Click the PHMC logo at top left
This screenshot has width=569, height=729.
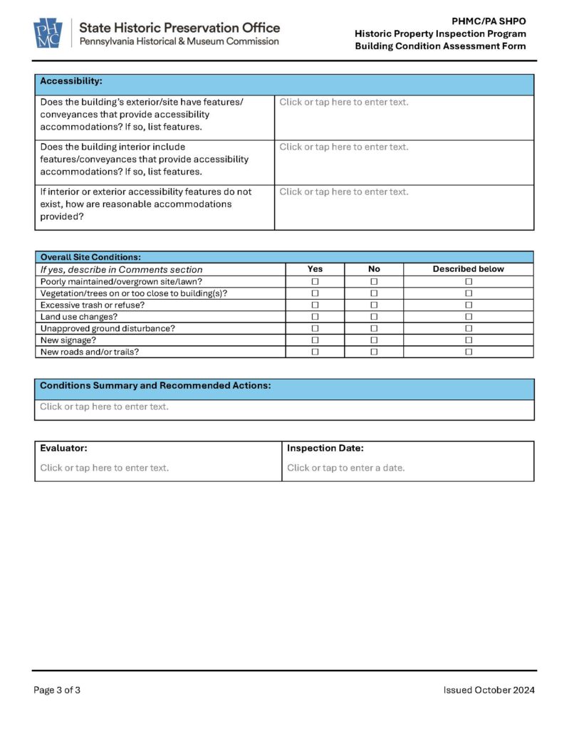[x=48, y=33]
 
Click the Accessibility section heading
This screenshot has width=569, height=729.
[x=71, y=81]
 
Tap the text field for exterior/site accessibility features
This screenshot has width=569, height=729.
[x=344, y=103]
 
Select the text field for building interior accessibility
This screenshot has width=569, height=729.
[x=344, y=147]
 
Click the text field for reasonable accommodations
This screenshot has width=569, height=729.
[x=344, y=192]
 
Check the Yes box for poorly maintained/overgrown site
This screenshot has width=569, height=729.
[x=315, y=282]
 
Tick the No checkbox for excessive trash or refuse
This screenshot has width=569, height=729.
[x=374, y=305]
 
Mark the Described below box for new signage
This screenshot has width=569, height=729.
[x=469, y=340]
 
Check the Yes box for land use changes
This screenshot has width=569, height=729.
[x=315, y=317]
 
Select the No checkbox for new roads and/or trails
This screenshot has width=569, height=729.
[x=374, y=352]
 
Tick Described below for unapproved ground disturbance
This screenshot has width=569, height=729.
[x=469, y=329]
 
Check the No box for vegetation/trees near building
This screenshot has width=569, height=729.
[x=374, y=293]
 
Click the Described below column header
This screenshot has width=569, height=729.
[x=468, y=269]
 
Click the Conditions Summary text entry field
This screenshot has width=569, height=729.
[x=105, y=407]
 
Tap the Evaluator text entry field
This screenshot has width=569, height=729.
[x=105, y=468]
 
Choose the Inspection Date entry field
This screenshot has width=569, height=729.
[x=346, y=468]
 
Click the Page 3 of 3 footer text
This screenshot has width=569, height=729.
[x=57, y=690]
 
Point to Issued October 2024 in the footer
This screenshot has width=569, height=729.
[x=489, y=690]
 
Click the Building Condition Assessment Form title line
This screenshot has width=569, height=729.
[x=440, y=46]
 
